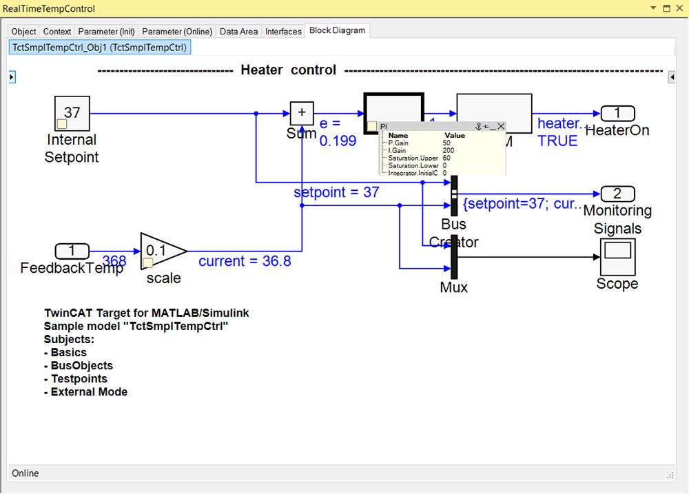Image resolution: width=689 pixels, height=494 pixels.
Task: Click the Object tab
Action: tap(24, 32)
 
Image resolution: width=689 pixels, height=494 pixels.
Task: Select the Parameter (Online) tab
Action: tap(177, 32)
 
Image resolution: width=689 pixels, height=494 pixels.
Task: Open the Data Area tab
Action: tap(238, 32)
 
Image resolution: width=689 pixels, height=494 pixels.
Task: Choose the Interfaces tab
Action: tap(283, 32)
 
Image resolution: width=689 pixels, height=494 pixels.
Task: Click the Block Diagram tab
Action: tap(338, 31)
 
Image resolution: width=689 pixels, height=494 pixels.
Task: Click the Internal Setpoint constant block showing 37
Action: tap(72, 113)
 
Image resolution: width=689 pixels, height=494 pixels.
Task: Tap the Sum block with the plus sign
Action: tap(301, 113)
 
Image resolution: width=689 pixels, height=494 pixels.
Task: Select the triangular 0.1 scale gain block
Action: tap(160, 251)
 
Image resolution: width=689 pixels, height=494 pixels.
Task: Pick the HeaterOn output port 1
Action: tap(617, 114)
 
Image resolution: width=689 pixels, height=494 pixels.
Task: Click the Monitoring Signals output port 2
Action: tap(617, 194)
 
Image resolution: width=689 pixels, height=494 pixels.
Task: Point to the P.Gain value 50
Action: tap(446, 143)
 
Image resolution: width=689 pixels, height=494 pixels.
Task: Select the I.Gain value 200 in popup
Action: tap(449, 150)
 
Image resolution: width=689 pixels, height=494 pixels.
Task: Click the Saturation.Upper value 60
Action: tap(446, 158)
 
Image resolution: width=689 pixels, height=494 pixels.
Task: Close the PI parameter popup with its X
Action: tap(501, 126)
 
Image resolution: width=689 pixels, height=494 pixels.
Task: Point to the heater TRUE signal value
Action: tap(557, 141)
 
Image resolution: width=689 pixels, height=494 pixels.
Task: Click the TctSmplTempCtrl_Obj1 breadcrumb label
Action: tap(99, 48)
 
